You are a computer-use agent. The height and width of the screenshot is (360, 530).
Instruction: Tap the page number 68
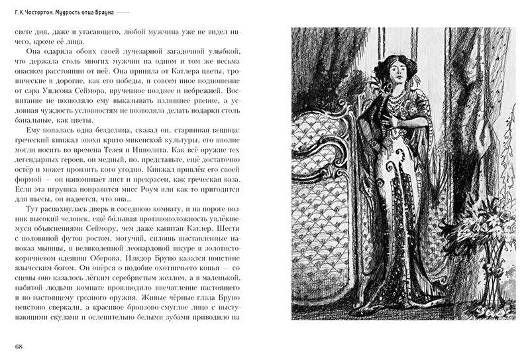tap(19, 347)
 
